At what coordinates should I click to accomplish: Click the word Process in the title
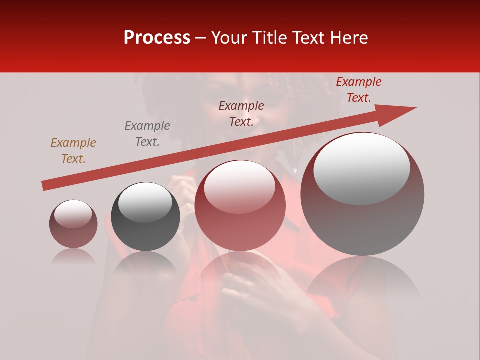pyautogui.click(x=157, y=38)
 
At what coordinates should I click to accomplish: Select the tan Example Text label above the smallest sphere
pyautogui.click(x=73, y=151)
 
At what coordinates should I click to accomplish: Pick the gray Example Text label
pyautogui.click(x=147, y=134)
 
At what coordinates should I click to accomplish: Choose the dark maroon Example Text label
pyautogui.click(x=241, y=113)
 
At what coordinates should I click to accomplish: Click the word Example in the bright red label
pyautogui.click(x=358, y=82)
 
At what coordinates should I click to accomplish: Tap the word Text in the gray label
pyautogui.click(x=147, y=142)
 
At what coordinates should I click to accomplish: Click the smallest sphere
pyautogui.click(x=73, y=224)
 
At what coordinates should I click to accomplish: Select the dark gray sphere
pyautogui.click(x=145, y=217)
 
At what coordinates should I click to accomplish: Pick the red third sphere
pyautogui.click(x=240, y=205)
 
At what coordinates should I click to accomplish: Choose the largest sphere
pyautogui.click(x=362, y=194)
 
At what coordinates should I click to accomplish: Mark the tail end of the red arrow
pyautogui.click(x=45, y=186)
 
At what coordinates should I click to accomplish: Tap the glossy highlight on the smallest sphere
pyautogui.click(x=73, y=214)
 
